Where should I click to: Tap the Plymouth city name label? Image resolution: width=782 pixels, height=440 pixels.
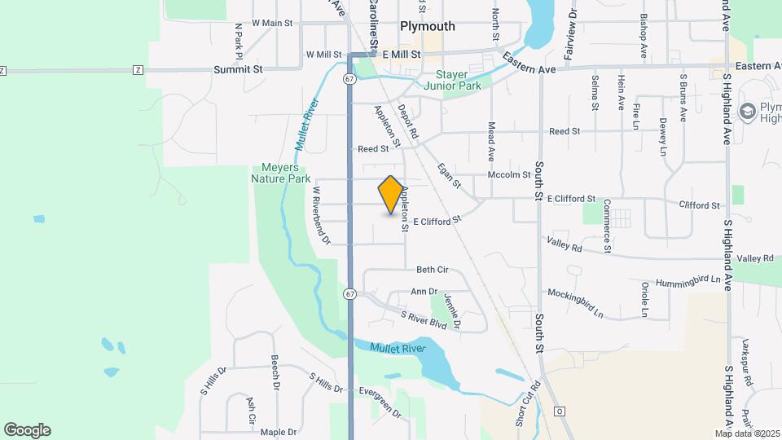427,26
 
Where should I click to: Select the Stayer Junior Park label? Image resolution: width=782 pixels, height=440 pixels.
452,79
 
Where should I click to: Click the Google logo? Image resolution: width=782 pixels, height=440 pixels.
27,430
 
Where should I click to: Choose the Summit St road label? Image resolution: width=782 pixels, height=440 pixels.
238,70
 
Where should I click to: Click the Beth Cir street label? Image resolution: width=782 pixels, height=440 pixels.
433,270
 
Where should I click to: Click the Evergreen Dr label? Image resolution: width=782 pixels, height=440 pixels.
379,402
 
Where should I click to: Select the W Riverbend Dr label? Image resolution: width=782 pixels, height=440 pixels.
320,215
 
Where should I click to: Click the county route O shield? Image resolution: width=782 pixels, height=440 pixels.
558,411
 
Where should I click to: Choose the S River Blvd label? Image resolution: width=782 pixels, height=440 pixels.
424,319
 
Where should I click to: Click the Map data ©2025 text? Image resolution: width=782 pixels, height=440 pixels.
746,433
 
